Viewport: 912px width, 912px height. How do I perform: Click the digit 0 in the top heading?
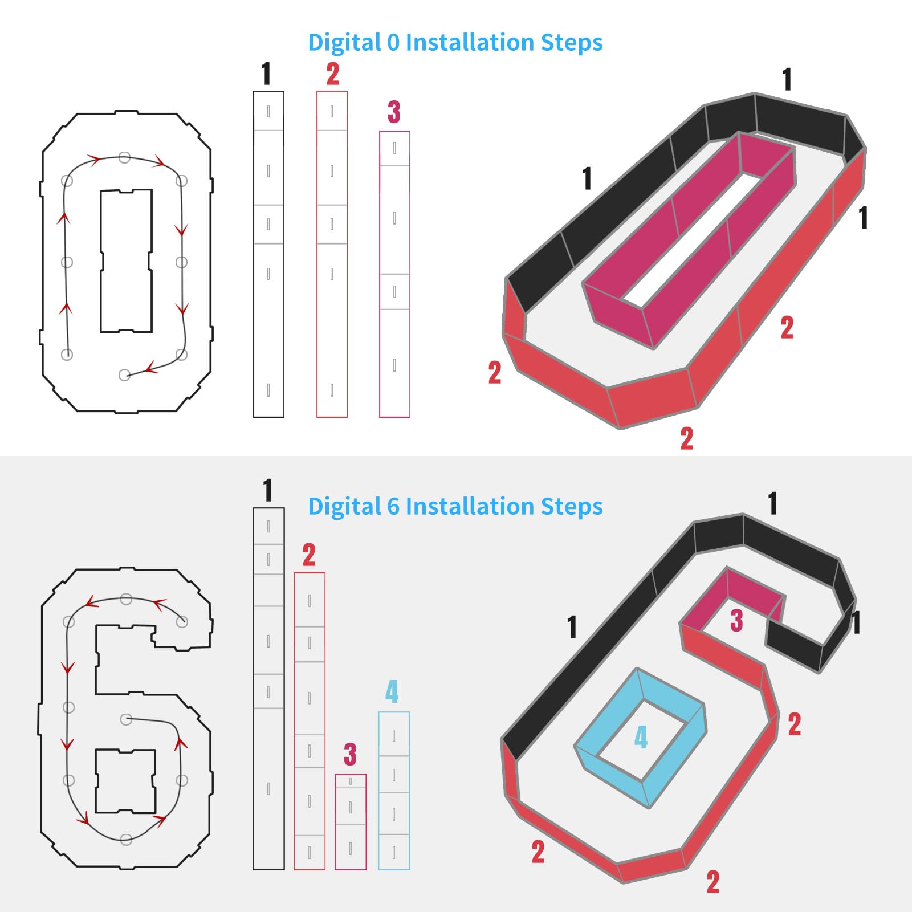click(x=393, y=43)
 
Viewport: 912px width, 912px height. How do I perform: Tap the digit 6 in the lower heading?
click(x=393, y=507)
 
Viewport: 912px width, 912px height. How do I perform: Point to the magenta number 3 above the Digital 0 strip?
click(x=394, y=112)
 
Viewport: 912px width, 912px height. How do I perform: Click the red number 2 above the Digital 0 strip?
click(x=333, y=74)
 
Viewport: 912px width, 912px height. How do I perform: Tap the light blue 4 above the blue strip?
click(x=392, y=691)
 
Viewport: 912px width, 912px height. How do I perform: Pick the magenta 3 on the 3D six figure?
click(x=736, y=620)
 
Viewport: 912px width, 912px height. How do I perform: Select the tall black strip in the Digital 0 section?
click(x=268, y=254)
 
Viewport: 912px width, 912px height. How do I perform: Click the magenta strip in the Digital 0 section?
click(x=394, y=274)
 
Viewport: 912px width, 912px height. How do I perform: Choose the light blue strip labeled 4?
click(x=394, y=791)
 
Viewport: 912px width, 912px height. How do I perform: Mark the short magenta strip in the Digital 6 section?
click(x=351, y=822)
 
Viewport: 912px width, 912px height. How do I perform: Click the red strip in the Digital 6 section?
click(x=310, y=721)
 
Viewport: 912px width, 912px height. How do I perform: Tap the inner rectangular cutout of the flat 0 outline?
click(x=127, y=260)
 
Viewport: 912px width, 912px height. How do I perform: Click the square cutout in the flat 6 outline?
click(x=125, y=781)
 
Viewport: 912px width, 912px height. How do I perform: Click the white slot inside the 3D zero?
click(x=693, y=238)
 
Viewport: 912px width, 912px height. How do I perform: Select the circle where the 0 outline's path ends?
click(x=124, y=375)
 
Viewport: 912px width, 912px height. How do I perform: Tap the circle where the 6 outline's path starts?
click(x=182, y=622)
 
